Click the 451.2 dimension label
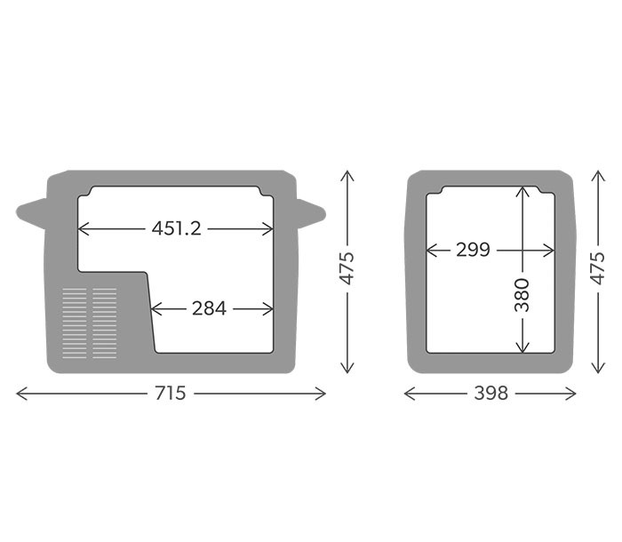tap(176, 228)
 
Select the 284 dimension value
tap(209, 309)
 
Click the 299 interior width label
tap(473, 251)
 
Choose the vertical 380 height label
tap(522, 296)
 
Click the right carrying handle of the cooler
tap(311, 211)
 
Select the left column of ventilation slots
tap(75, 323)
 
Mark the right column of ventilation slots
tap(105, 323)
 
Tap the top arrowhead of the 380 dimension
tap(522, 190)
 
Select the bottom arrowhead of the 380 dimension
tap(522, 347)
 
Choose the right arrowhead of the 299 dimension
tap(548, 251)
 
